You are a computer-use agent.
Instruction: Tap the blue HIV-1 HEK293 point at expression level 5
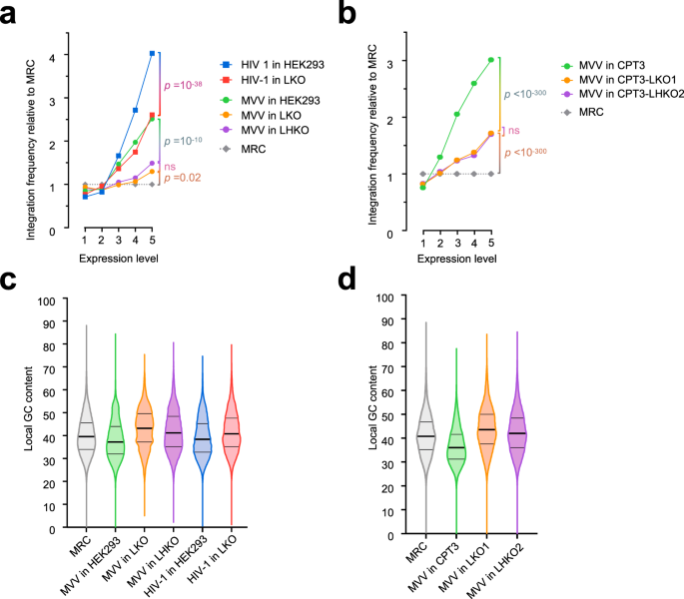pyautogui.click(x=152, y=53)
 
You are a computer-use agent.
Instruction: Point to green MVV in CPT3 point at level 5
pyautogui.click(x=490, y=60)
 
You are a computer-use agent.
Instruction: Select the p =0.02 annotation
pyautogui.click(x=184, y=177)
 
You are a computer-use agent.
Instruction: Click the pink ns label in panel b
pyautogui.click(x=515, y=130)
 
